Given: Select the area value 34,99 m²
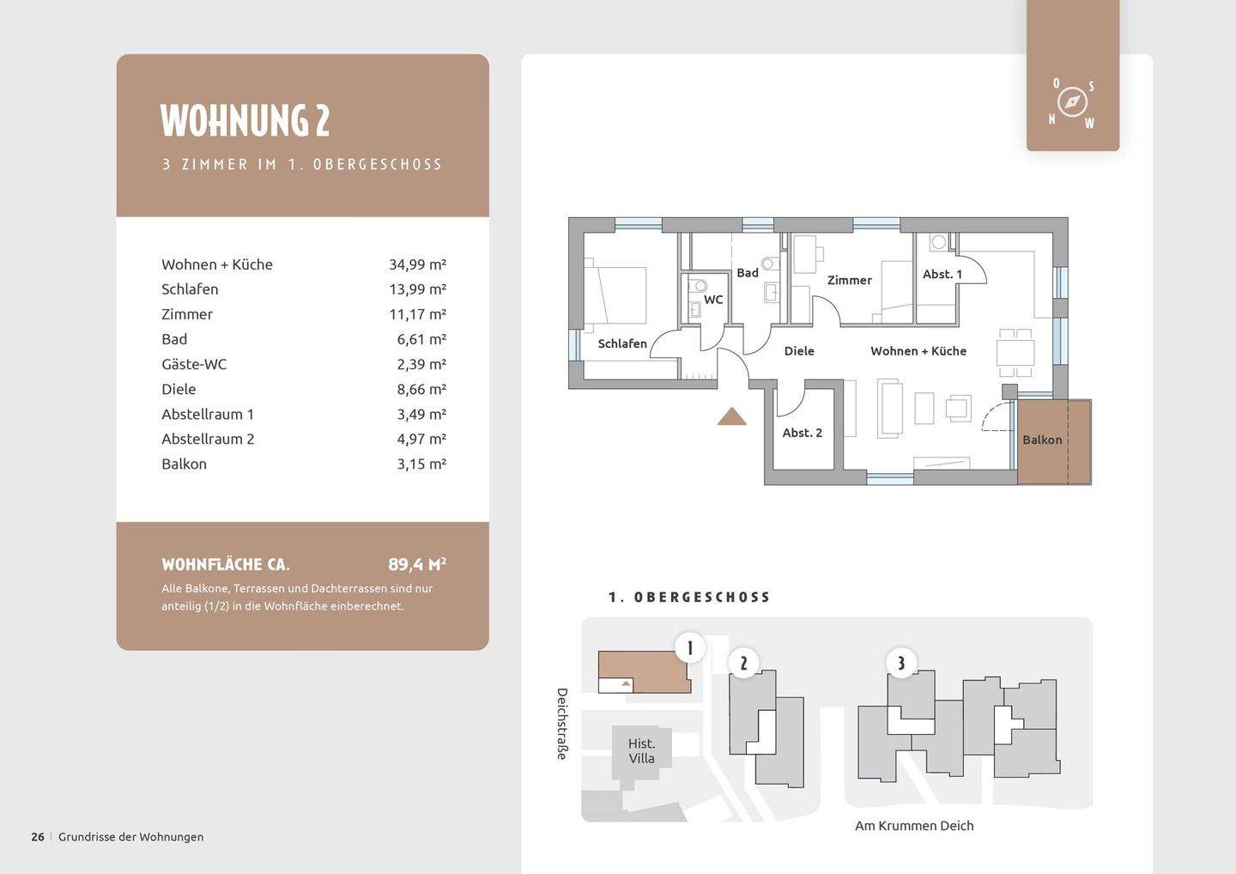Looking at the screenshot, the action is pos(417,264).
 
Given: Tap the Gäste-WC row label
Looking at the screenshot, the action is pos(194,364).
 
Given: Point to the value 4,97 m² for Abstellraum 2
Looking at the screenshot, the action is pos(421,440).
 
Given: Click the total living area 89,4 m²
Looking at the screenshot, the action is pos(416,564).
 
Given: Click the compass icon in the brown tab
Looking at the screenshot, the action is pos(1072,103).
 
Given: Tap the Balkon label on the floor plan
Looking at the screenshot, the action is pos(1042,440).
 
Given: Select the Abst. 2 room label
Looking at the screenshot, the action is pos(802,434).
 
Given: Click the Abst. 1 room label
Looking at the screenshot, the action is pos(942,274).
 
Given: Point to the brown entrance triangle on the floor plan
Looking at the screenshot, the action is pos(731,417).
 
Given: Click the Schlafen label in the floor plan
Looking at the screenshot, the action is pos(621,343).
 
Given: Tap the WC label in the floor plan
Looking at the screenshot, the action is pos(713,300).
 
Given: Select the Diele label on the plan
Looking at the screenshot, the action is pos(799,351).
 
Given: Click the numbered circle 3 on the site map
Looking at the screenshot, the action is pos(901,663).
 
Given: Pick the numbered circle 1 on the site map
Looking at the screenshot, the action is pos(690,647).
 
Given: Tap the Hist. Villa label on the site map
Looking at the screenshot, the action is pos(641,751).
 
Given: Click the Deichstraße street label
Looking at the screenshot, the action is pos(561,724).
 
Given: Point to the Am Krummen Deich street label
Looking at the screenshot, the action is pos(914,826).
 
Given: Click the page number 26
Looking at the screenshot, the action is pos(38,837).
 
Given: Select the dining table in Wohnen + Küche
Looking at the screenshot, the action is pos(1015,352).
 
